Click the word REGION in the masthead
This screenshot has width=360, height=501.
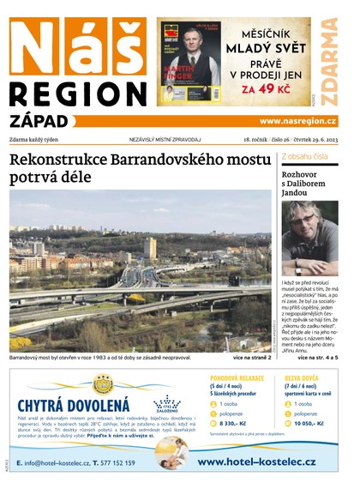(78, 95)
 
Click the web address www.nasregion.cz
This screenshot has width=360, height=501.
(297, 121)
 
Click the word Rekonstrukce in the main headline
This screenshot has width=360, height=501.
(64, 160)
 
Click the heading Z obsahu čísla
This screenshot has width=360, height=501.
(304, 156)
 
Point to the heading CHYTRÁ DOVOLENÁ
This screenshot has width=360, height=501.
(74, 405)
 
